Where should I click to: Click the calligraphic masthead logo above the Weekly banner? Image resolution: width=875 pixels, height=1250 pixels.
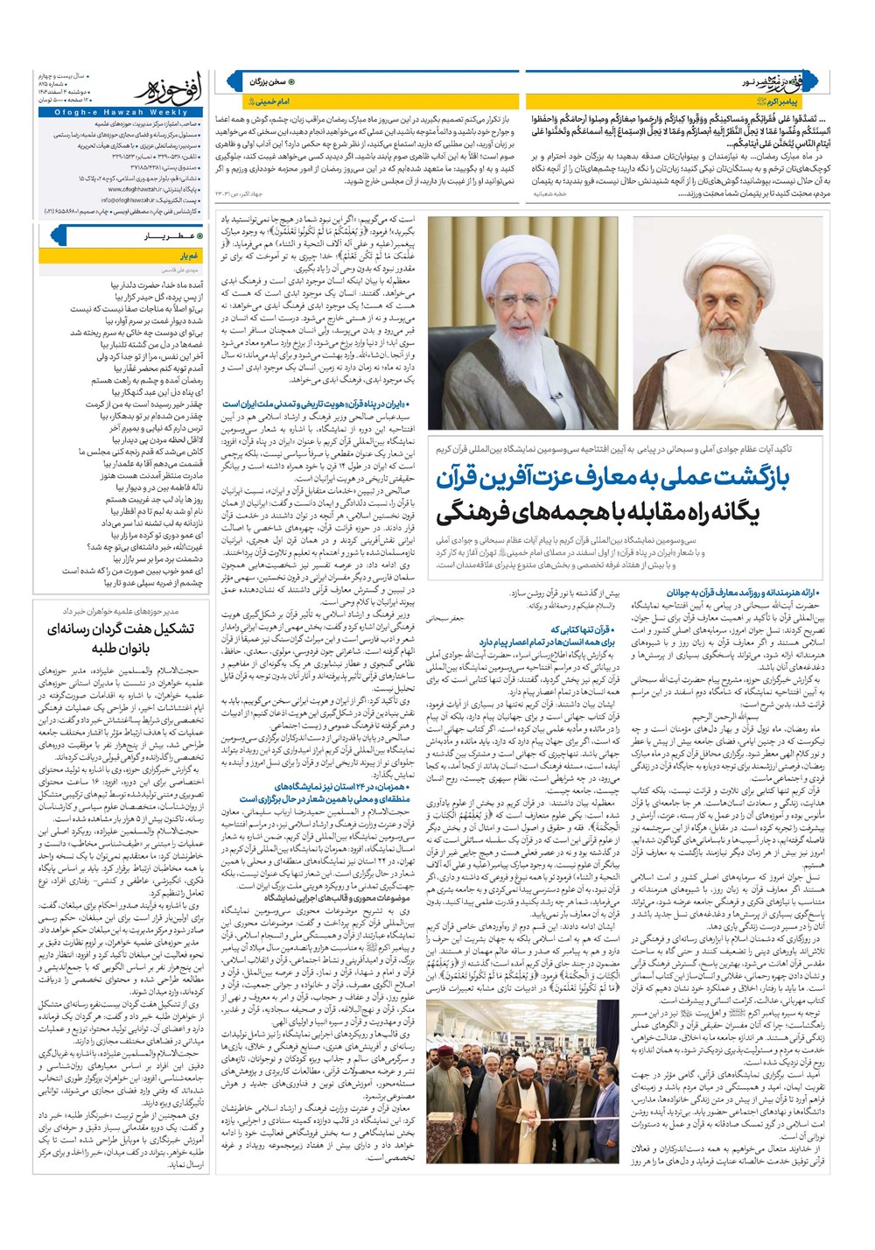[x=171, y=89]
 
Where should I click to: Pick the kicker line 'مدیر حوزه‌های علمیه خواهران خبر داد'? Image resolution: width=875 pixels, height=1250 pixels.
[x=121, y=610]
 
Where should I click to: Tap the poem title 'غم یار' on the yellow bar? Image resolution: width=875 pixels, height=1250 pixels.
[x=191, y=256]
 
